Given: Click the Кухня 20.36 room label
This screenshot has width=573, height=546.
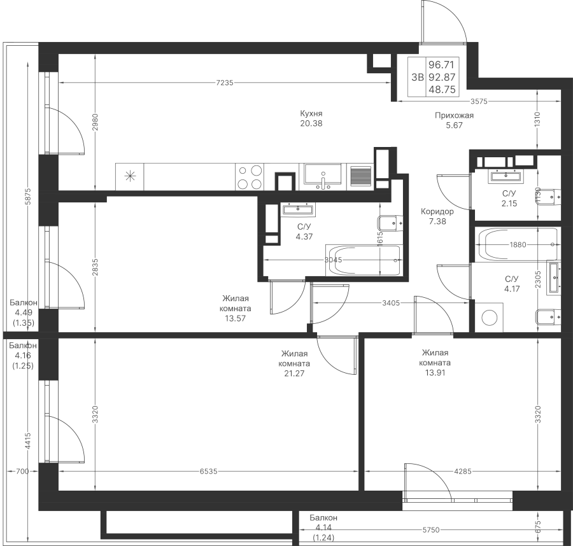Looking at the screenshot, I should pyautogui.click(x=312, y=119).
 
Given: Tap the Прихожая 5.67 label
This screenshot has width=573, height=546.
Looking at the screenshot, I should pyautogui.click(x=455, y=121).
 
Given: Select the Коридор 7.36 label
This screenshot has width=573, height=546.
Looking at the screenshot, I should pyautogui.click(x=437, y=217).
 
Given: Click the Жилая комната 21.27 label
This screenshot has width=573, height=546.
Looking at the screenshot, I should pyautogui.click(x=295, y=364).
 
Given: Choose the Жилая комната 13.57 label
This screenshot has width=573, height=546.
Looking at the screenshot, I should pyautogui.click(x=236, y=308).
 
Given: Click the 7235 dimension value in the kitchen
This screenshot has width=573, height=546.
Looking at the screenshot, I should pyautogui.click(x=225, y=82).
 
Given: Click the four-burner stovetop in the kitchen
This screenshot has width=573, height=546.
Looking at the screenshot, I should pyautogui.click(x=250, y=176).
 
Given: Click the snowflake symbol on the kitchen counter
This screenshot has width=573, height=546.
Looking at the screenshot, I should pyautogui.click(x=130, y=176).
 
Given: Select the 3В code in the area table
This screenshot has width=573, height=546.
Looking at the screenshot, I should pyautogui.click(x=417, y=78).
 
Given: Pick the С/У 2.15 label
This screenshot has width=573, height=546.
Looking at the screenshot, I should pyautogui.click(x=509, y=198).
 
